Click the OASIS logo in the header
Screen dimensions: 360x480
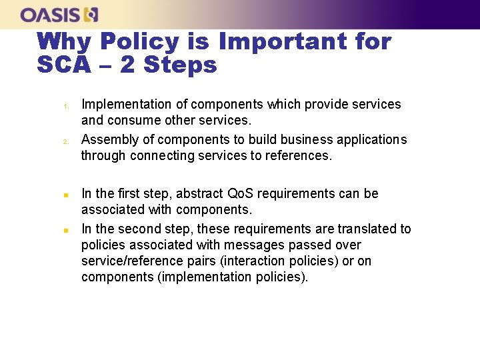coord(59,15)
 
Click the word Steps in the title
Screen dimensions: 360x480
coord(181,65)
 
